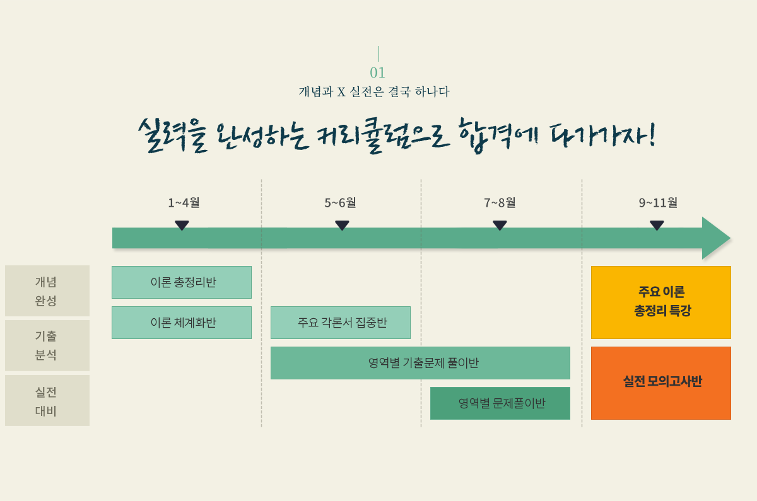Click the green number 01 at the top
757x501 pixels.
tap(377, 72)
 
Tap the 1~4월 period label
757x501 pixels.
tap(184, 202)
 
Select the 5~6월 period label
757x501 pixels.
tap(340, 202)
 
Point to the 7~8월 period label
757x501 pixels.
tap(500, 202)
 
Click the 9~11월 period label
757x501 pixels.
tap(658, 202)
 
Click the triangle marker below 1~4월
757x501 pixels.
tap(182, 225)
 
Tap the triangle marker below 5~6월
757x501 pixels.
tap(342, 225)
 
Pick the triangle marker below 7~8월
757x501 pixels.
tap(500, 225)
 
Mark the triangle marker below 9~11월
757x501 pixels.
tap(657, 225)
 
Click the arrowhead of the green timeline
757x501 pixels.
tap(715, 238)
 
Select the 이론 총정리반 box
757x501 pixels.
tap(182, 282)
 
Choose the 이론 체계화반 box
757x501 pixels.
tap(182, 323)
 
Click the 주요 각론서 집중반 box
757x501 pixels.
tap(341, 323)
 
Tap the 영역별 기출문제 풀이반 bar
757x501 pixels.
tap(420, 363)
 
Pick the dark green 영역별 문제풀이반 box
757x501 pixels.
tap(500, 403)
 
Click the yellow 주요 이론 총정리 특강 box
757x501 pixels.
tap(661, 302)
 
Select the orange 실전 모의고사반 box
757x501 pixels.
tap(661, 383)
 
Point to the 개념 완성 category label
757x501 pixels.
tap(47, 291)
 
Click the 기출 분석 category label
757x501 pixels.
tap(47, 345)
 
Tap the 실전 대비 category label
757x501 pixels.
tap(47, 400)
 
